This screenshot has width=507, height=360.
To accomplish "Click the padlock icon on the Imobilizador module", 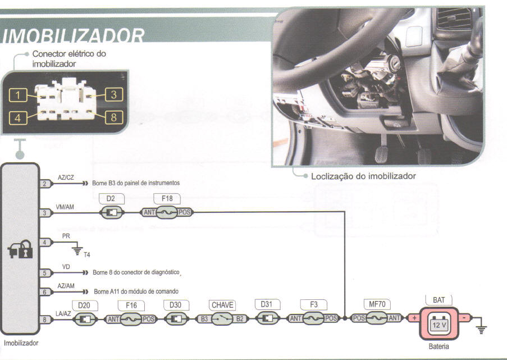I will pyautogui.click(x=20, y=251).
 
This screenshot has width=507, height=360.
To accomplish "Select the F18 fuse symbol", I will pyautogui.click(x=167, y=213).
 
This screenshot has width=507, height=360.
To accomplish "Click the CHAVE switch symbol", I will pyautogui.click(x=222, y=319).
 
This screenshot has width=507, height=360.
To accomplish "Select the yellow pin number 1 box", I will pyautogui.click(x=18, y=95).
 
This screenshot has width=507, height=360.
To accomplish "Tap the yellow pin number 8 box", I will pyautogui.click(x=114, y=118).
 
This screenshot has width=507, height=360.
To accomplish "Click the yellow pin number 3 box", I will pyautogui.click(x=114, y=94).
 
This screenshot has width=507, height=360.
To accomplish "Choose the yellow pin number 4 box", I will pyautogui.click(x=18, y=119).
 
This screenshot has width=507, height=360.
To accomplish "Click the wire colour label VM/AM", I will pyautogui.click(x=65, y=207).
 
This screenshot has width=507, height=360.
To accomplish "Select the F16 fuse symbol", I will pyautogui.click(x=131, y=319).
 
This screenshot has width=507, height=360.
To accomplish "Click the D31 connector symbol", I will pyautogui.click(x=267, y=318).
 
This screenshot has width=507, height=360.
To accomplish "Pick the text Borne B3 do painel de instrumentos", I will pyautogui.click(x=132, y=184).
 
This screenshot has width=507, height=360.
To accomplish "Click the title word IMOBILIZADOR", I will pyautogui.click(x=75, y=37).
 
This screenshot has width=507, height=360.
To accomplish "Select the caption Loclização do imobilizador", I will pyautogui.click(x=363, y=176).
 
